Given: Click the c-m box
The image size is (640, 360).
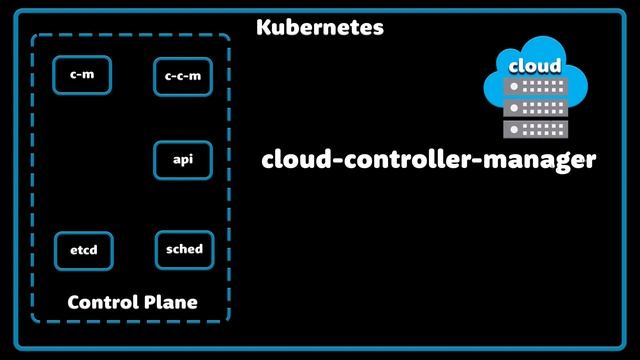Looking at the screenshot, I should click(x=82, y=75).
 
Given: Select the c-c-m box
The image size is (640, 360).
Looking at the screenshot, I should click(x=183, y=76).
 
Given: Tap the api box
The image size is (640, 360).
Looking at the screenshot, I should click(x=183, y=160).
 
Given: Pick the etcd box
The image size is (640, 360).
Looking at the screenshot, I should click(x=83, y=250).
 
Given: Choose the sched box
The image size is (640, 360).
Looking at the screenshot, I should click(x=184, y=249).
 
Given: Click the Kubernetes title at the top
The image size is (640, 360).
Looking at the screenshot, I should click(x=320, y=27).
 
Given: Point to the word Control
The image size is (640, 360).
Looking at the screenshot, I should click(x=100, y=302).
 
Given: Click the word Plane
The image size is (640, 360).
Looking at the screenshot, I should click(x=168, y=302).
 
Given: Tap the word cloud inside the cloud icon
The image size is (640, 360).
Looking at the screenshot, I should click(x=535, y=66).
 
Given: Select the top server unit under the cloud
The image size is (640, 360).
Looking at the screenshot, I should click(x=535, y=87).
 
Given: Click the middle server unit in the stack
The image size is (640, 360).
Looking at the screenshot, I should click(x=535, y=107).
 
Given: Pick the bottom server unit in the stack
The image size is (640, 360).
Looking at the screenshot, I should click(x=535, y=127).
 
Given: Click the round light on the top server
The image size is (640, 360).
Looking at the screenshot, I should click(x=515, y=87).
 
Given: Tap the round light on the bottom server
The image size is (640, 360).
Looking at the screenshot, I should click(x=515, y=127).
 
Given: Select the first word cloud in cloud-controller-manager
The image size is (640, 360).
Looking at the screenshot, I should click(x=292, y=159).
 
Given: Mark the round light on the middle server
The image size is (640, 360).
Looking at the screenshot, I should click(x=515, y=107).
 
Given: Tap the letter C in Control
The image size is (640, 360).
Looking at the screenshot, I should click(x=74, y=302).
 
